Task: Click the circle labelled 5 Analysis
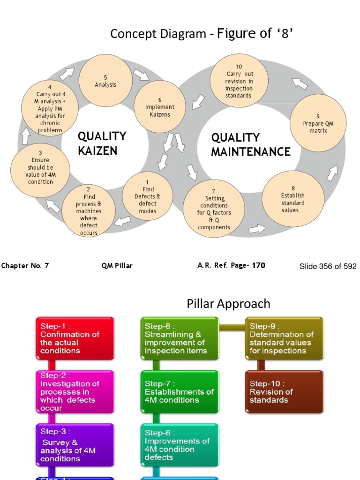click(x=105, y=81)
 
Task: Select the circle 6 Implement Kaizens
click(x=159, y=107)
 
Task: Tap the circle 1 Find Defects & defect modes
click(x=147, y=196)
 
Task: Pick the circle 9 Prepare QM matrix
click(x=318, y=123)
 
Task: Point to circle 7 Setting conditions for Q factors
click(x=213, y=209)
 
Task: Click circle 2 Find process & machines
click(x=89, y=211)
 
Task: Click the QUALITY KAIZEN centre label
click(x=102, y=143)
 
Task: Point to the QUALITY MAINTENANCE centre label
click(x=251, y=144)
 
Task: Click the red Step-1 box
click(x=75, y=338)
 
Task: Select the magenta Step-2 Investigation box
click(x=75, y=392)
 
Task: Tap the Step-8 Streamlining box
click(x=180, y=338)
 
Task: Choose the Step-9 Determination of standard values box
click(x=284, y=338)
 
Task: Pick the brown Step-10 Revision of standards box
click(x=284, y=392)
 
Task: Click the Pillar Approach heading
click(x=228, y=304)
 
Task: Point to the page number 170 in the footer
click(x=259, y=265)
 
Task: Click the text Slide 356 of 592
click(x=328, y=266)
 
